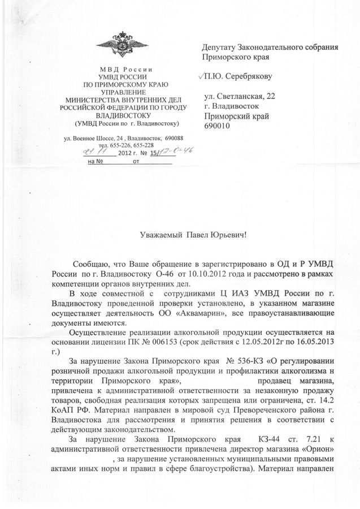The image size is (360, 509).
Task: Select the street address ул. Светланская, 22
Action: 241,97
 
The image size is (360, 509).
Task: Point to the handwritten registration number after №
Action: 162,152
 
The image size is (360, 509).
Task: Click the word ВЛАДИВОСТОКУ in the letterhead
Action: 122,114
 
